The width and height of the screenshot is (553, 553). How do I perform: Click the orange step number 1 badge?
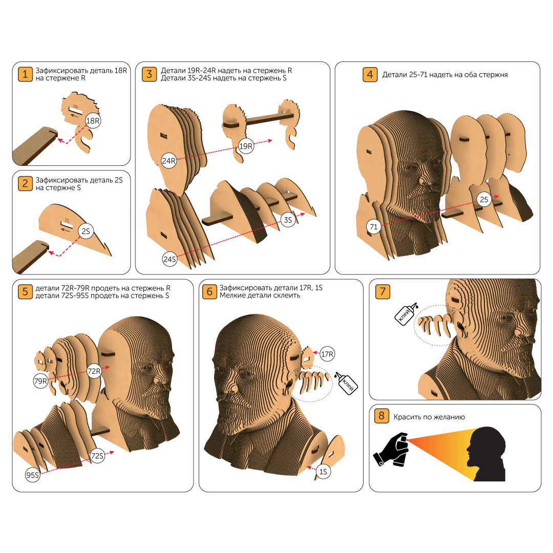(25, 74)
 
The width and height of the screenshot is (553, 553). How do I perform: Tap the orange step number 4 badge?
(370, 74)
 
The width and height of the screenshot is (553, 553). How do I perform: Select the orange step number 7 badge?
(382, 292)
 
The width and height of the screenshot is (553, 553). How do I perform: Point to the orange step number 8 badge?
(381, 416)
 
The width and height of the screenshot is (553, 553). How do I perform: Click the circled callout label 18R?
(93, 121)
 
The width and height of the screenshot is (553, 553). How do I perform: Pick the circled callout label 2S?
(86, 231)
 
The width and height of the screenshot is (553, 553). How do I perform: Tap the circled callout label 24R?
(168, 161)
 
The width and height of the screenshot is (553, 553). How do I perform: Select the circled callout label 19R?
(246, 146)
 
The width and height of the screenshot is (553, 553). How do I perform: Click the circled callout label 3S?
(288, 220)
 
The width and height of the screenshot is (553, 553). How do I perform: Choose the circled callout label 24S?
(169, 259)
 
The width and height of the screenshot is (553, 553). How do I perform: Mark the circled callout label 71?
(373, 226)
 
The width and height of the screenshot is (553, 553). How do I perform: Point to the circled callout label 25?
(484, 199)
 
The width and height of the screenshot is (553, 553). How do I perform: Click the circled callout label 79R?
(40, 381)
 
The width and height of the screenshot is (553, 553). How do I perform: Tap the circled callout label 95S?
(32, 475)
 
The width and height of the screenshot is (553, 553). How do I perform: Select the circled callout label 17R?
(327, 354)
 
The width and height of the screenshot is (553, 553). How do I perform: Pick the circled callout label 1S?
(323, 472)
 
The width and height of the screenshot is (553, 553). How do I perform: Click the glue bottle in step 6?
(346, 383)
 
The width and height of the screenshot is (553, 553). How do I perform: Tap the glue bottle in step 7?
(406, 313)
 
